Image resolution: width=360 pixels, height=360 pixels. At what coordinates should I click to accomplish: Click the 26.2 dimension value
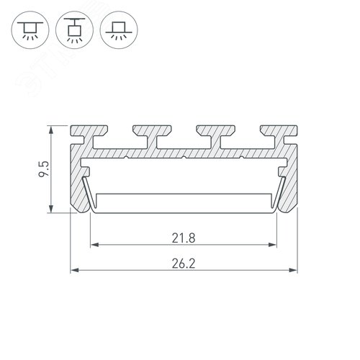point(184,264)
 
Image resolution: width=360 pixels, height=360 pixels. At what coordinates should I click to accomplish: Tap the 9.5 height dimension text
point(44,171)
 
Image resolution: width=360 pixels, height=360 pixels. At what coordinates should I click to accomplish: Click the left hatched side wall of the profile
point(78,180)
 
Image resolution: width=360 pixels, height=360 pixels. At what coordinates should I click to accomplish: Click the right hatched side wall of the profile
point(289,180)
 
